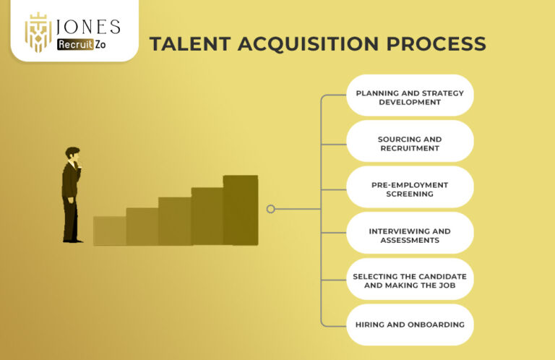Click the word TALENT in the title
(184, 43)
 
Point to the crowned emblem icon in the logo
(38, 33)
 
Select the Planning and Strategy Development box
(410, 98)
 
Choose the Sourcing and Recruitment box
(410, 143)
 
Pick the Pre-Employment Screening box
(410, 189)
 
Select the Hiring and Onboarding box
(410, 325)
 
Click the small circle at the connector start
(270, 209)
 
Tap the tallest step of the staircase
(240, 210)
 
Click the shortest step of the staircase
(109, 231)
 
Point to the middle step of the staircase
(175, 221)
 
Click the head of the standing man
(72, 154)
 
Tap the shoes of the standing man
(74, 239)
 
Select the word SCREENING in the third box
(410, 194)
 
